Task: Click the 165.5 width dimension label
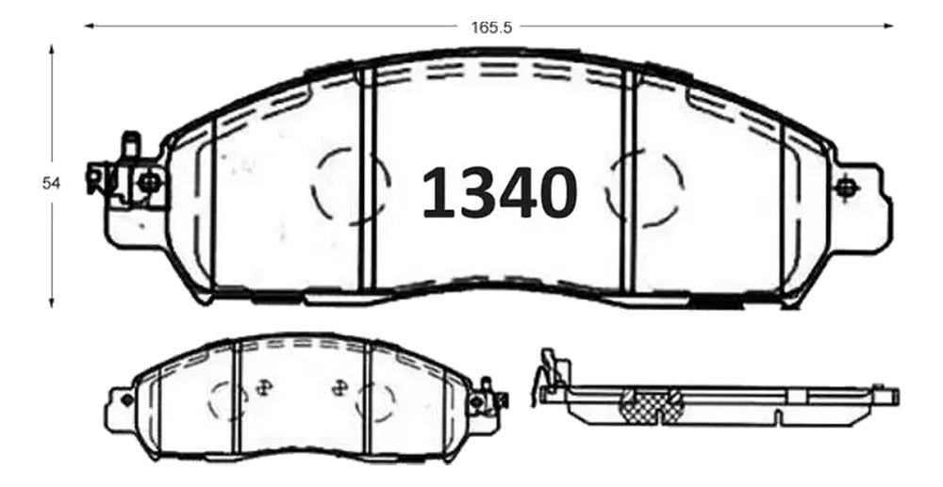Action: [490, 27]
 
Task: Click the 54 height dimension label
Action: [51, 184]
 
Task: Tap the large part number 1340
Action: [499, 192]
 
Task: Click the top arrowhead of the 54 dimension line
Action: [52, 49]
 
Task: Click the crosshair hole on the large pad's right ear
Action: [847, 188]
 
